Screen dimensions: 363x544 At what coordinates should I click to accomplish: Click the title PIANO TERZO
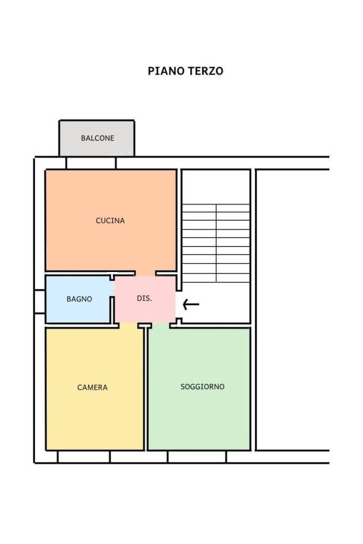coord(186,71)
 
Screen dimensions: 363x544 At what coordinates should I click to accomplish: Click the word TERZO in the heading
coord(205,71)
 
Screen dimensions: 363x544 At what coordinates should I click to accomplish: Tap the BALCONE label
coord(97,138)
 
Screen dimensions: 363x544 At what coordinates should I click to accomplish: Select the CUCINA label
coord(110,221)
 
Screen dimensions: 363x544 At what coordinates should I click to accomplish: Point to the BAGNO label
coord(79,299)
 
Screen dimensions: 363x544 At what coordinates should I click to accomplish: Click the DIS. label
coord(144,298)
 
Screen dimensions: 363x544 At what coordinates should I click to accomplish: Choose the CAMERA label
coord(92,388)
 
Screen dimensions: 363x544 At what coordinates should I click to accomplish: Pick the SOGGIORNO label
coord(203,386)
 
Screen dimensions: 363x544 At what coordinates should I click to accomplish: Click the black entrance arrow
coord(191,305)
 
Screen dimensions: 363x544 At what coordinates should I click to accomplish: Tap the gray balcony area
coord(97,138)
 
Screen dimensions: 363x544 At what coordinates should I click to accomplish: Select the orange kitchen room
coord(111,220)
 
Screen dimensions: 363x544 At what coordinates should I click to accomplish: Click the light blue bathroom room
coord(78,299)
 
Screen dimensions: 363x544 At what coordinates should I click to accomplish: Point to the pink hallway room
coord(145,299)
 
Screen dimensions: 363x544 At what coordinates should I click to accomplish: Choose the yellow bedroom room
coord(94,389)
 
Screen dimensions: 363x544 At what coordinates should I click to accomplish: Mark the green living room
coord(199,389)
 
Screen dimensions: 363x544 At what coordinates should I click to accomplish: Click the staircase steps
coord(216,243)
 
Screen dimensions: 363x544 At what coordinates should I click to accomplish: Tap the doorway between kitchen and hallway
coord(145,274)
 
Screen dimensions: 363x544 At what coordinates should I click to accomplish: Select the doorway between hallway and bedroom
coord(129,325)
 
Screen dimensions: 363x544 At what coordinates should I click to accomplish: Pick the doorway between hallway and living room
coord(161,325)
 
